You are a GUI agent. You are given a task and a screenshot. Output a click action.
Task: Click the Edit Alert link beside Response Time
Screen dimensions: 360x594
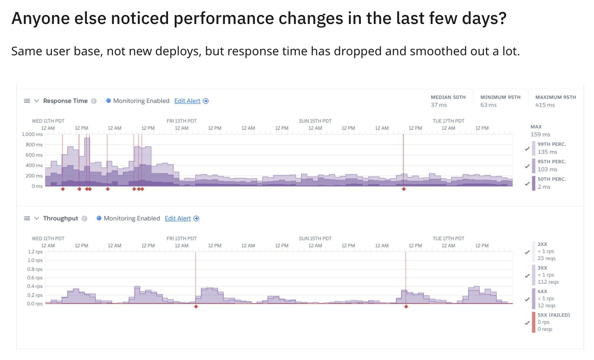point(187,101)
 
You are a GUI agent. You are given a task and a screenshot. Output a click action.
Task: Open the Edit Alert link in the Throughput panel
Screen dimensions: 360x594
point(178,218)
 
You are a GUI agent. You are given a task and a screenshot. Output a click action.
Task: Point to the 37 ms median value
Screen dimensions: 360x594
point(438,105)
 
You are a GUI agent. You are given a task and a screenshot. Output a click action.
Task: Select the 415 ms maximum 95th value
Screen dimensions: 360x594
point(545,105)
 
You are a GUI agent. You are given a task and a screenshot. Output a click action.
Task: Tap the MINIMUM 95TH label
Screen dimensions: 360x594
point(500,97)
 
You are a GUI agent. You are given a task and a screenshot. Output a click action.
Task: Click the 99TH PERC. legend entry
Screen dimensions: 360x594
point(552,144)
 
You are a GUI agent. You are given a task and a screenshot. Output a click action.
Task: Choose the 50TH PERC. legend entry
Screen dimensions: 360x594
point(552,179)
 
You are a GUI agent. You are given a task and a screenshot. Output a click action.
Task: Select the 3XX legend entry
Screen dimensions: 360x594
point(543,268)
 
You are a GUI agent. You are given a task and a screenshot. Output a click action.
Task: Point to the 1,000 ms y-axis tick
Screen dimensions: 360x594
point(32,134)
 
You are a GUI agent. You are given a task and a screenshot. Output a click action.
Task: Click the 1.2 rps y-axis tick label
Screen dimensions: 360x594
point(35,252)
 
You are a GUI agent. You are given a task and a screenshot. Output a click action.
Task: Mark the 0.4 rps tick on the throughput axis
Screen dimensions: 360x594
point(35,286)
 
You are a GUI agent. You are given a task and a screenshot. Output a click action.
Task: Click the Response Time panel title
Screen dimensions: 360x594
point(65,101)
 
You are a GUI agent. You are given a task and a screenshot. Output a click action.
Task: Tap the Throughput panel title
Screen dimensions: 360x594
point(60,218)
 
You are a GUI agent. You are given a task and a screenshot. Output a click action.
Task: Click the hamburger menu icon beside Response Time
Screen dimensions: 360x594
point(27,101)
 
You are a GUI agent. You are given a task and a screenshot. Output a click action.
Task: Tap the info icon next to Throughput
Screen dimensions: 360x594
point(84,218)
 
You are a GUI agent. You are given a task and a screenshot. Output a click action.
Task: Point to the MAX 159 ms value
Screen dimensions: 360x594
point(540,134)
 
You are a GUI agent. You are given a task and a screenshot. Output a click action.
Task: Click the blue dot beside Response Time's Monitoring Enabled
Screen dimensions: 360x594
point(108,101)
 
